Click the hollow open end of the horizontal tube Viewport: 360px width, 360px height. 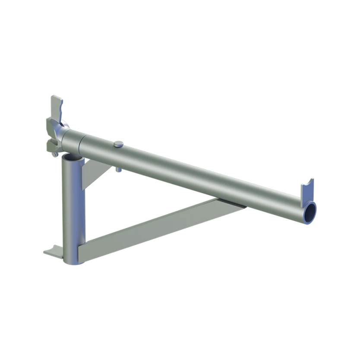309,212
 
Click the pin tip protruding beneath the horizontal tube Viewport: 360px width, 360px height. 118,170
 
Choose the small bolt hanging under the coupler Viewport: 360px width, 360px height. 54,152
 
